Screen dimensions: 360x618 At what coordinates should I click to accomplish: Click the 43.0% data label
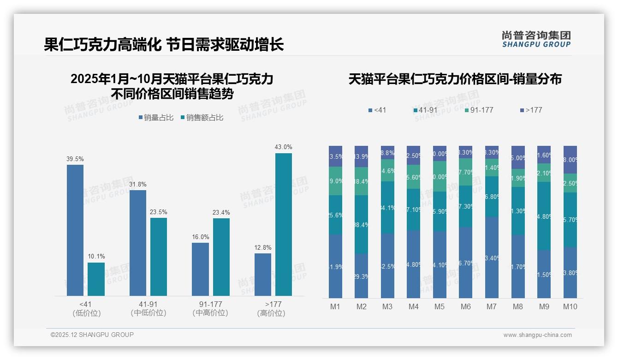point(283,147)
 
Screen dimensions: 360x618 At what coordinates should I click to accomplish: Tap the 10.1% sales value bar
point(96,279)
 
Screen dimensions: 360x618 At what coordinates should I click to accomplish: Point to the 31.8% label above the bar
point(138,185)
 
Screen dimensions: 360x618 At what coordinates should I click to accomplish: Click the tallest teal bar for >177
point(283,224)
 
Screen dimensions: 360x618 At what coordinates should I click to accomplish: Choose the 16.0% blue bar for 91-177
point(200,269)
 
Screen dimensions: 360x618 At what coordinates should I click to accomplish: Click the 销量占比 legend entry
point(156,118)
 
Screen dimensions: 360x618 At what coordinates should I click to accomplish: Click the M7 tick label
point(491,306)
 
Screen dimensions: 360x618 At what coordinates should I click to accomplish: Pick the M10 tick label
point(570,306)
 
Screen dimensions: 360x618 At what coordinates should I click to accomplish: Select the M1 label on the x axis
point(335,306)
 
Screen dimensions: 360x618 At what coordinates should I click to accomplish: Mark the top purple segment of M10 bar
point(570,160)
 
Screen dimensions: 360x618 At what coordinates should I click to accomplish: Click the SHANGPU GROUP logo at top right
point(536,39)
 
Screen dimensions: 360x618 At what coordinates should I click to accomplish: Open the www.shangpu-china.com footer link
point(537,335)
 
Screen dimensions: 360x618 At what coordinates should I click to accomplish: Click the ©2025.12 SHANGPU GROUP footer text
point(92,335)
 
